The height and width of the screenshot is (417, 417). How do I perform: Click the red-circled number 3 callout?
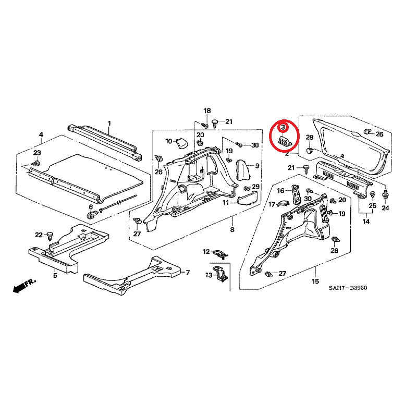pos(282,127)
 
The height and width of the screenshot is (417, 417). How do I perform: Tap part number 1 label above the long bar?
pos(109,124)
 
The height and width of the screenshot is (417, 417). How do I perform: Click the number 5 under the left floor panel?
pos(55,275)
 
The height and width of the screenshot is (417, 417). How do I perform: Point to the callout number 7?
pos(188,273)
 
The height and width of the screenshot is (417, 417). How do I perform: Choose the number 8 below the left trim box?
pos(232,230)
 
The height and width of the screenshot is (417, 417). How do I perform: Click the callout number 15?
pos(315,282)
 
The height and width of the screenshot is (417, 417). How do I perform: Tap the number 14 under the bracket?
pos(366,222)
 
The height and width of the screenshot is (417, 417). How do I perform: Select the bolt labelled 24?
pos(385,195)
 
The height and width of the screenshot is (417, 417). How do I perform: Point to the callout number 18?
pos(207,111)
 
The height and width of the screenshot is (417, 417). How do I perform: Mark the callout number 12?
pos(206,252)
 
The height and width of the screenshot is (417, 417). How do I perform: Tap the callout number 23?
pos(36,153)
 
